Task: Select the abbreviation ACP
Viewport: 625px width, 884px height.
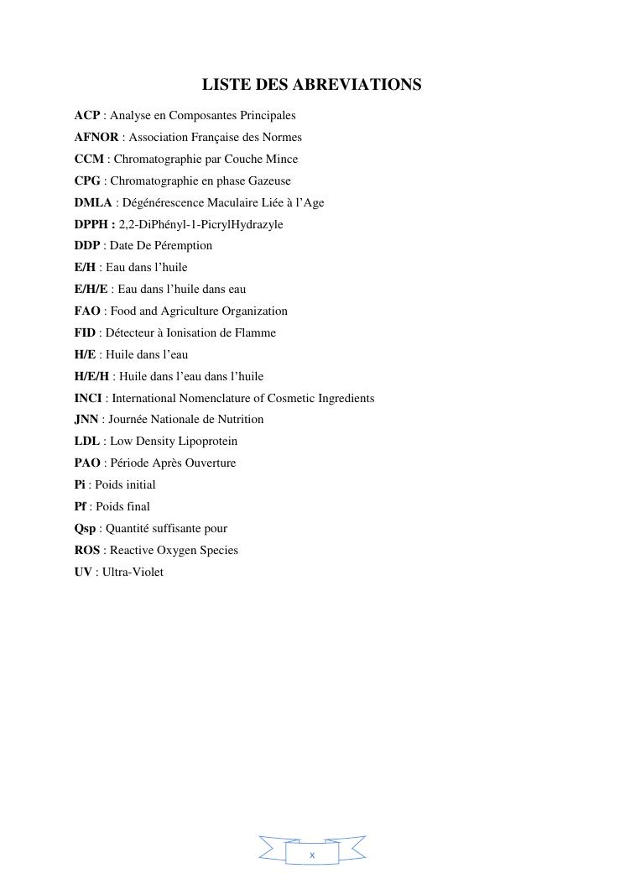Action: pos(86,115)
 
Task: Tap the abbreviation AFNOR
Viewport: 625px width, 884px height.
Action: pos(96,137)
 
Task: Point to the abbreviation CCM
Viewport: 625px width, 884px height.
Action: pos(89,159)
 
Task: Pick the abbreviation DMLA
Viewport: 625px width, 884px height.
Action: pos(93,202)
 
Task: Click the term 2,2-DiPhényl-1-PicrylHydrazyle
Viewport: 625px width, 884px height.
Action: pos(201,224)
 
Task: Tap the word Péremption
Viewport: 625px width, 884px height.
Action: pos(183,246)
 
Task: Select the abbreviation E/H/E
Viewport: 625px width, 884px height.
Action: pos(91,289)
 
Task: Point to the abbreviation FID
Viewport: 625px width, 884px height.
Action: pos(85,332)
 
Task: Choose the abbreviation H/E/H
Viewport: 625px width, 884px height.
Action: pos(91,376)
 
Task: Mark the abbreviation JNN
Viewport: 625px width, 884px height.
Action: pos(86,420)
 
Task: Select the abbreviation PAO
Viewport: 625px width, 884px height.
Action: pos(87,463)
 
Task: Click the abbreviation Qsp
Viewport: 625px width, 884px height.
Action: pos(85,529)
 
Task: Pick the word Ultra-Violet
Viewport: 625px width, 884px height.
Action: pos(133,573)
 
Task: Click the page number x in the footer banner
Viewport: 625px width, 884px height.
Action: pos(312,855)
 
